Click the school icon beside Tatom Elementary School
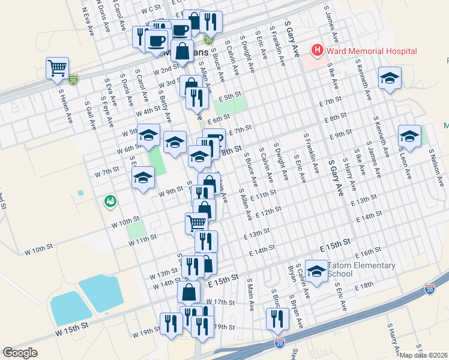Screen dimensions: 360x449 [316, 271]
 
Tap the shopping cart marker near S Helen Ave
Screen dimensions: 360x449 [58, 68]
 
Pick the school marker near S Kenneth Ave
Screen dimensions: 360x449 [390, 78]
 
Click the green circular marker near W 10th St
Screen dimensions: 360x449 [110, 200]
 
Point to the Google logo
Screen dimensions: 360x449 [20, 352]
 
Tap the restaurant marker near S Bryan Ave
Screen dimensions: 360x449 [277, 318]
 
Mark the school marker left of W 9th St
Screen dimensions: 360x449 [143, 177]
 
